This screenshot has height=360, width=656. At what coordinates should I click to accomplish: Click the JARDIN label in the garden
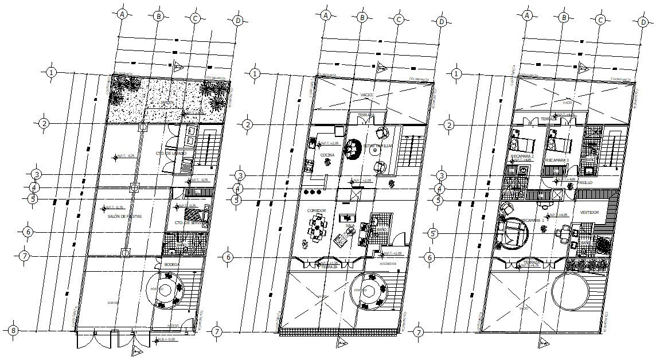pyautogui.click(x=168, y=104)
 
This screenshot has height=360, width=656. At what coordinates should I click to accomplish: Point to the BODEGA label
pyautogui.click(x=171, y=264)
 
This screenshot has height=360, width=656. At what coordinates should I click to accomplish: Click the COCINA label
pyautogui.click(x=327, y=155)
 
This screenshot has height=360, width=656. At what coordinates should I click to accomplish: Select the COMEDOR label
pyautogui.click(x=316, y=211)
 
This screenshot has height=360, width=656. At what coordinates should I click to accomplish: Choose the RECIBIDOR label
pyautogui.click(x=388, y=264)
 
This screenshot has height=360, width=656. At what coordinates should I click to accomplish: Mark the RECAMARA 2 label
pyautogui.click(x=522, y=156)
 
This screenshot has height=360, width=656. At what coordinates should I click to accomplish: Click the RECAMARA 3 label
pyautogui.click(x=557, y=160)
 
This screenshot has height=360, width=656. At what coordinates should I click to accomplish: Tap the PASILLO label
pyautogui.click(x=584, y=182)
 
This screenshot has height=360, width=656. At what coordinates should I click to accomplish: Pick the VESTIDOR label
pyautogui.click(x=589, y=212)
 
